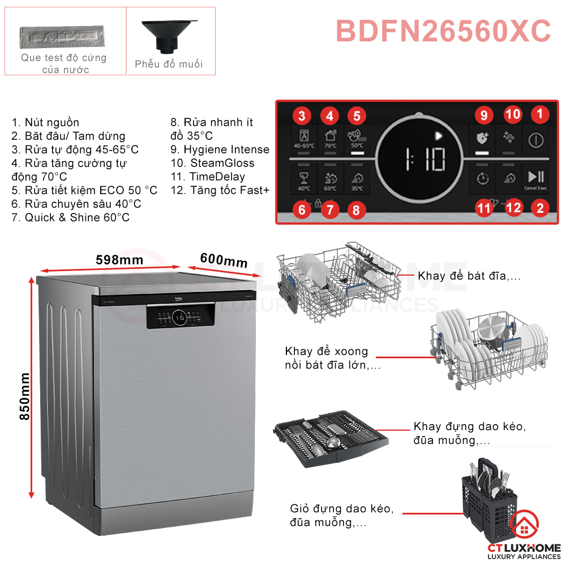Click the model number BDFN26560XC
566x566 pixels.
443,31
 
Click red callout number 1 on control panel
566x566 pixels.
539,114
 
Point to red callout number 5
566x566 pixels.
357,117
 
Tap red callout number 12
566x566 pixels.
513,208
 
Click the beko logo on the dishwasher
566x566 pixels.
179,299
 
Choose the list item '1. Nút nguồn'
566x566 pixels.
45,122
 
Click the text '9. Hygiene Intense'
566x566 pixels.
220,149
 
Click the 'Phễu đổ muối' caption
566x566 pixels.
169,64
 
